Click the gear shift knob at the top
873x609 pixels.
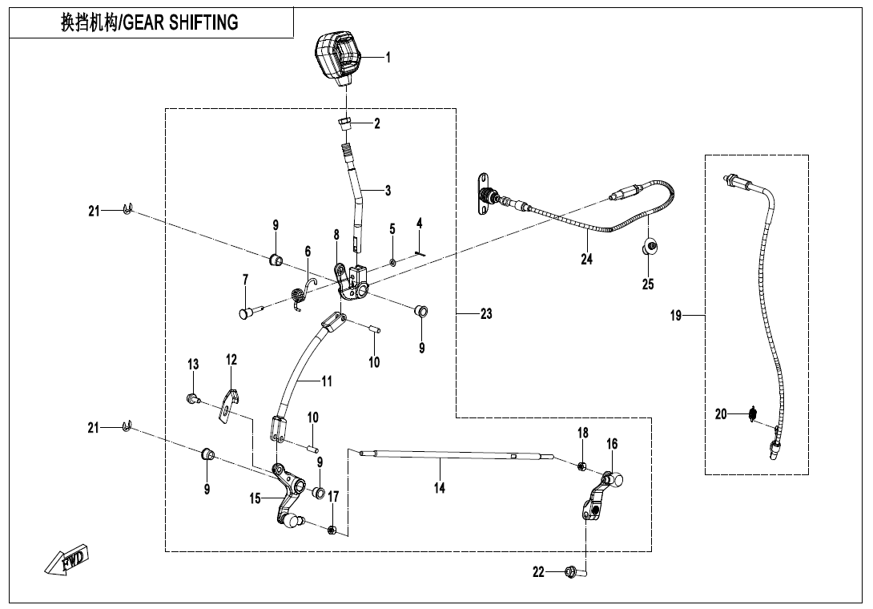[x=339, y=56]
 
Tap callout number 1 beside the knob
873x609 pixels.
[x=388, y=57]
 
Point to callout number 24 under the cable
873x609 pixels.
[x=586, y=259]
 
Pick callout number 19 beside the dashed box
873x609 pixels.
[x=676, y=316]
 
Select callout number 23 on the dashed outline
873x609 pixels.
[x=486, y=314]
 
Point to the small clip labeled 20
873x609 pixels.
[x=752, y=414]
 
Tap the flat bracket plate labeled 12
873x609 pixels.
[x=230, y=403]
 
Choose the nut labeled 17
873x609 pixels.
[x=332, y=529]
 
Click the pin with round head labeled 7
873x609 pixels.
[x=247, y=313]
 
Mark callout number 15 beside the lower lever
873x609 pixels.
[x=255, y=498]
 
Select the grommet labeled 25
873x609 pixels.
[x=650, y=245]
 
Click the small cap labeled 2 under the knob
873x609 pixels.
[x=346, y=124]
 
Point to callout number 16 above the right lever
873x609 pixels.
[x=612, y=443]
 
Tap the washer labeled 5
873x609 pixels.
[x=392, y=261]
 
